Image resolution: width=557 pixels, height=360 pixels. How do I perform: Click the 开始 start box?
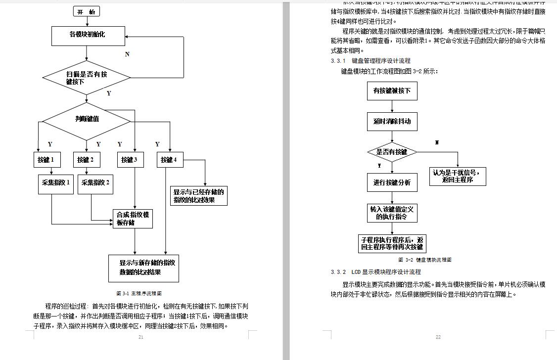[x=86, y=11]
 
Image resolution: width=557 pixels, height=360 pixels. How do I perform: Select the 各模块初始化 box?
[x=87, y=35]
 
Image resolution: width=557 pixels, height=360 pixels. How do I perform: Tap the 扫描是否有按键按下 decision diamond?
[x=87, y=77]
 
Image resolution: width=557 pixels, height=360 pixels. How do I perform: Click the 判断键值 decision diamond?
[x=87, y=119]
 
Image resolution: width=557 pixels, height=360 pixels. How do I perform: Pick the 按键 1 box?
[x=46, y=160]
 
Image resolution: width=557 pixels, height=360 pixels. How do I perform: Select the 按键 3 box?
[x=130, y=160]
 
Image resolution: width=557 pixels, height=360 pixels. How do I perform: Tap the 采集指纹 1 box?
[x=56, y=183]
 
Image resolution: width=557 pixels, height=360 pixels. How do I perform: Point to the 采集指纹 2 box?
[x=95, y=183]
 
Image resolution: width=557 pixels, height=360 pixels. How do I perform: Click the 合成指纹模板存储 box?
[x=133, y=219]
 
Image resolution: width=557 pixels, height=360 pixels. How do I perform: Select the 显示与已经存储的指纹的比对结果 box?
[x=199, y=196]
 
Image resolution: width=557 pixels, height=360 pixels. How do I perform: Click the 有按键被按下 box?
[x=392, y=91]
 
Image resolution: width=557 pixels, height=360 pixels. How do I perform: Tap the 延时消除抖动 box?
[x=392, y=121]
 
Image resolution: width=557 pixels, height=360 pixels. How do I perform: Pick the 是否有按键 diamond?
[x=392, y=152]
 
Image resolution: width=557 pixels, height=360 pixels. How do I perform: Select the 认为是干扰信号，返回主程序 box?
[x=457, y=176]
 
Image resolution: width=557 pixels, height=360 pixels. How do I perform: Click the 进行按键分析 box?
[x=392, y=182]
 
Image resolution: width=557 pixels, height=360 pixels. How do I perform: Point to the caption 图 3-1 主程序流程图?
[x=139, y=293]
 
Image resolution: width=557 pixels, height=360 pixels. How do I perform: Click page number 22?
[x=438, y=337]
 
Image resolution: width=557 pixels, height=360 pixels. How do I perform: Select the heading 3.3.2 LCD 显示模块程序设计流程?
[x=376, y=272]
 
